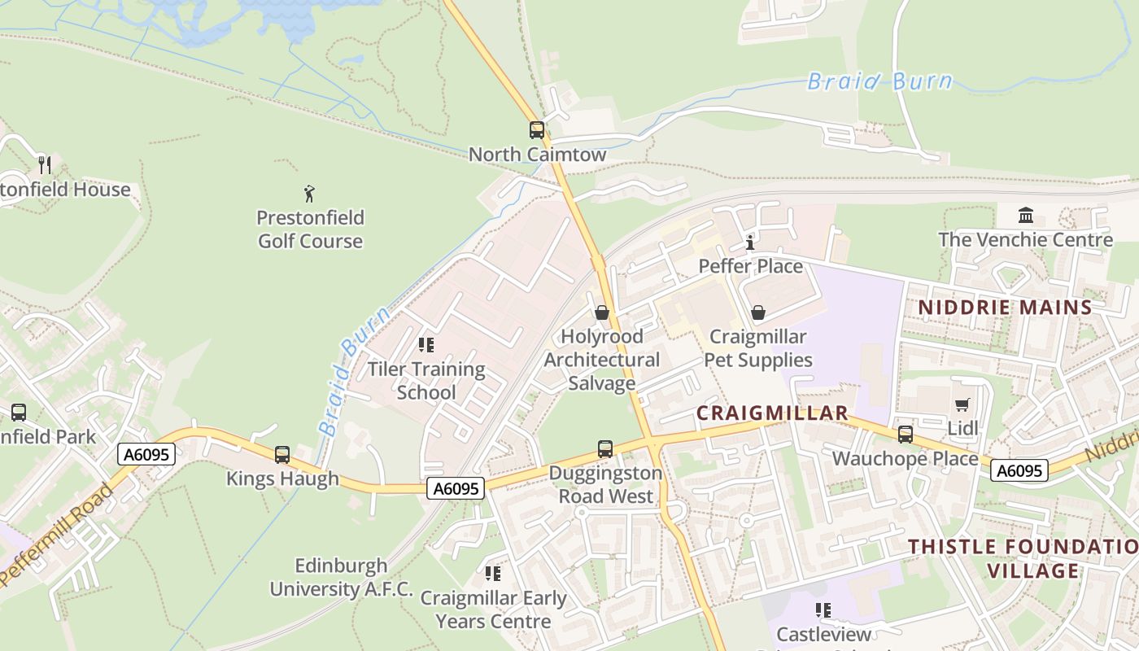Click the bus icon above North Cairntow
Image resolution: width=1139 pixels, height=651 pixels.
(x=536, y=130)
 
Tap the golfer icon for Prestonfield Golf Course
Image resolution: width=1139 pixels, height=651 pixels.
(x=309, y=194)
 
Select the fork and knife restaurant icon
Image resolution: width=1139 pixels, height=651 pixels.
(x=44, y=165)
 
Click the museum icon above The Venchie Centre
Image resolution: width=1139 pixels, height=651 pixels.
(x=1026, y=216)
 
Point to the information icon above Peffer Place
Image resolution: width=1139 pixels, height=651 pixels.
(x=750, y=242)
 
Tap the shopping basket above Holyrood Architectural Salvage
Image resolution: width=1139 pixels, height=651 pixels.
(x=602, y=312)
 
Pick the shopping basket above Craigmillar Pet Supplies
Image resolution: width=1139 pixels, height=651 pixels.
(x=758, y=312)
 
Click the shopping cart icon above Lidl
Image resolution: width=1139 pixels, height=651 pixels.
(x=962, y=404)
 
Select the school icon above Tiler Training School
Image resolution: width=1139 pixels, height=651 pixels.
(x=426, y=345)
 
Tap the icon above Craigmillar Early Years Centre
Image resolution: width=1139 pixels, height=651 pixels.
(x=493, y=575)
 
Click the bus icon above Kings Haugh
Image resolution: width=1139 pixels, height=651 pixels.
(x=282, y=455)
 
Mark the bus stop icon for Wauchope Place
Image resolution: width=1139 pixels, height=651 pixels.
(x=906, y=435)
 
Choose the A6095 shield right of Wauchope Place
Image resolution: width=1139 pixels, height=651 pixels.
(x=1020, y=470)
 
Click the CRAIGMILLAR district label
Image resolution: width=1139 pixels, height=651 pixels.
(x=772, y=413)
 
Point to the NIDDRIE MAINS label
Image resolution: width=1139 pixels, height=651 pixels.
(x=1005, y=308)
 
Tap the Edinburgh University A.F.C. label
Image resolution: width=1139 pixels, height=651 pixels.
(x=342, y=578)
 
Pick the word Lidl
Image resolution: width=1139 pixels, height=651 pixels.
(x=962, y=428)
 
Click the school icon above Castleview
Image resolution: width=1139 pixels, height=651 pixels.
(x=823, y=610)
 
